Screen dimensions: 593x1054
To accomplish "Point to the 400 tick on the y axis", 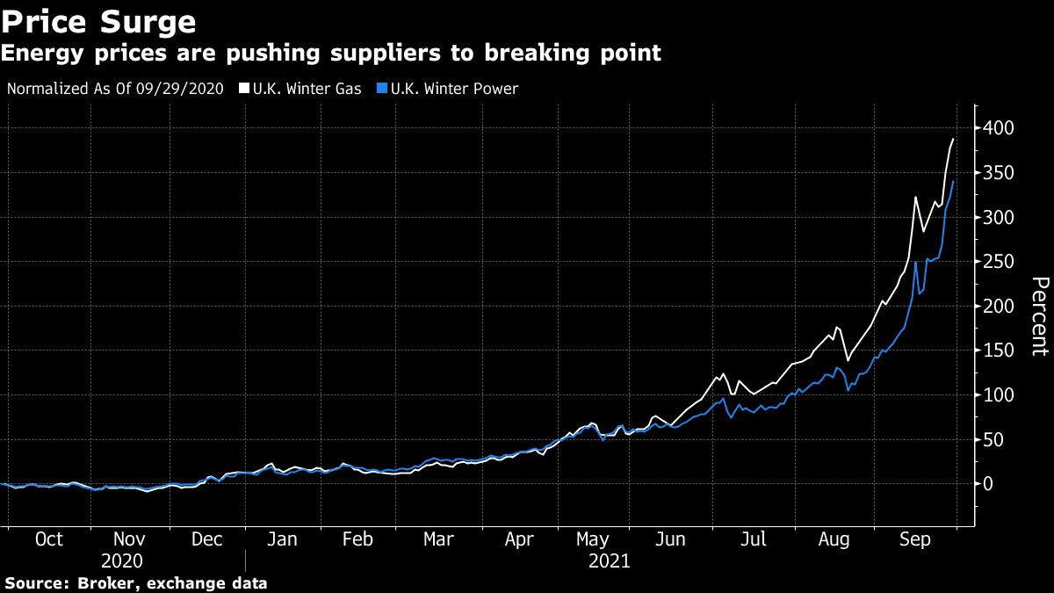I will [x=998, y=128].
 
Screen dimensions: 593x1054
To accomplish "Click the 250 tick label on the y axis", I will [x=998, y=262].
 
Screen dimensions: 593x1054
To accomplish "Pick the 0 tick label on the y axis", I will [x=988, y=484].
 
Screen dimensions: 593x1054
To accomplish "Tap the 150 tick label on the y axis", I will [x=998, y=351].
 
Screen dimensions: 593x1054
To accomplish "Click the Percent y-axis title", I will [x=1039, y=316].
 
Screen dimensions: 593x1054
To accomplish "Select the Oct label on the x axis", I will [x=48, y=539].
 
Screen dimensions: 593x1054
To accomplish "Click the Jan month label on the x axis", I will [x=282, y=539].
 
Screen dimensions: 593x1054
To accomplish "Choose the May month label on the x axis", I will [x=592, y=539].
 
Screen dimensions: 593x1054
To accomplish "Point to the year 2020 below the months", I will [x=122, y=560].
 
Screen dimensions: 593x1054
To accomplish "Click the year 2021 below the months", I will [x=609, y=560].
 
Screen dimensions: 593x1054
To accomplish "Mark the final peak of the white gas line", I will [x=953, y=140].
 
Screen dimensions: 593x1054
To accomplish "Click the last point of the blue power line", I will [x=954, y=181].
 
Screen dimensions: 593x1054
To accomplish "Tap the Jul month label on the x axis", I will [x=754, y=539].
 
